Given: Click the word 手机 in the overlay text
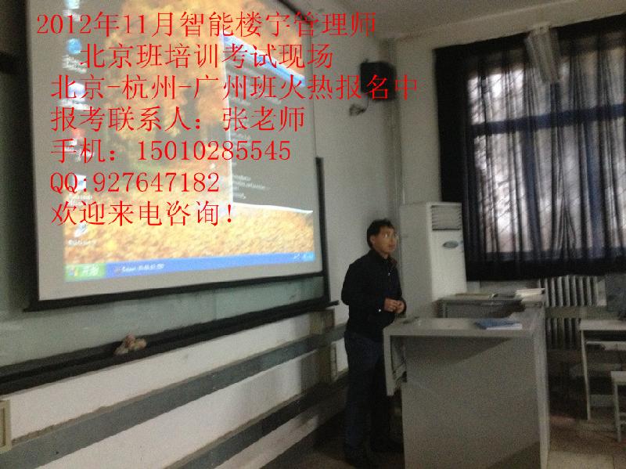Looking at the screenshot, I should (x=75, y=149).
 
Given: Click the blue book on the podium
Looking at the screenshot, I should (x=497, y=323).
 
